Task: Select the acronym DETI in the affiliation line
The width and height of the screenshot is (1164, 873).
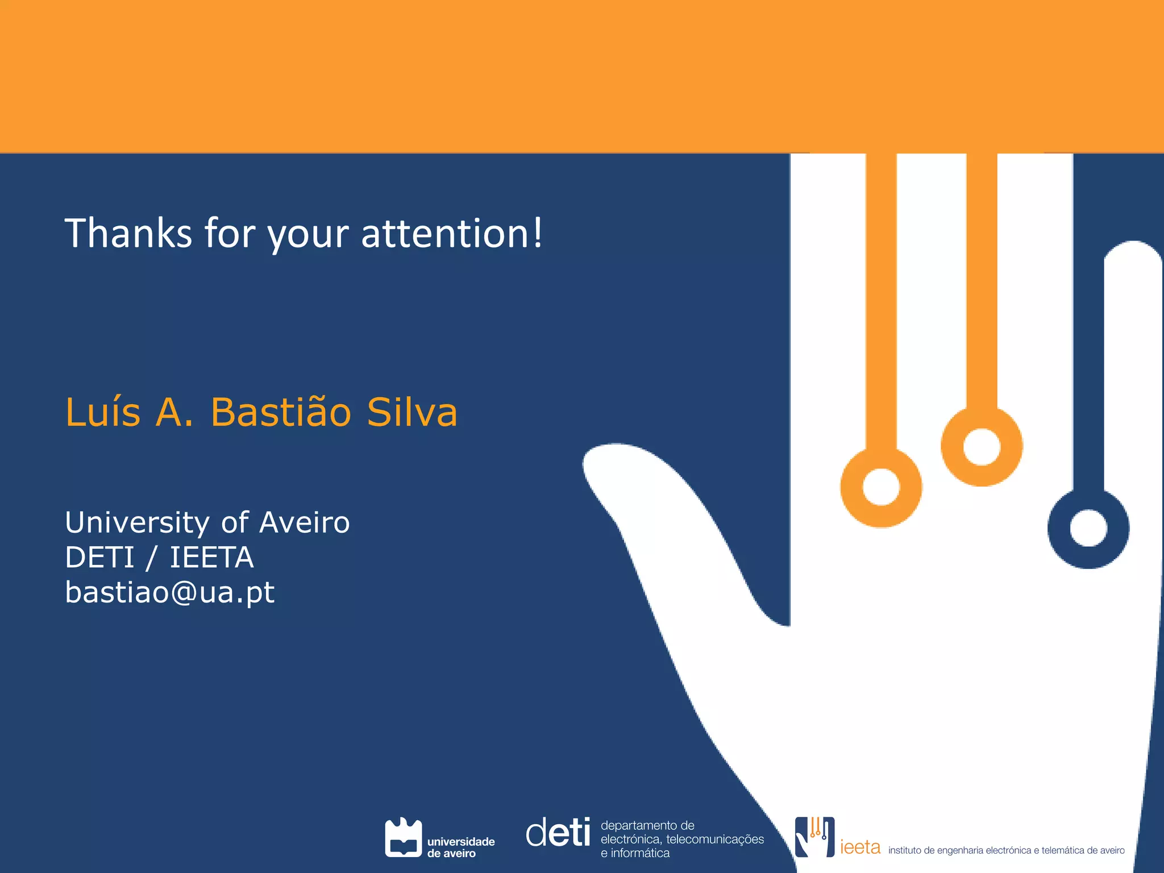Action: point(99,557)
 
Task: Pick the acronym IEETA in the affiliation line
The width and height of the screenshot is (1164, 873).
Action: point(211,557)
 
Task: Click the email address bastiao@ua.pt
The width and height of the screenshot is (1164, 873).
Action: point(170,592)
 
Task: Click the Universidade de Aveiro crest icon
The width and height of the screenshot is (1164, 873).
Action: point(403,837)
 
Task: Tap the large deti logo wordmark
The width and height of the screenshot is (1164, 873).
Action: point(558,833)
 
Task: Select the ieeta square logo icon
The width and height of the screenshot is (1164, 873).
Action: point(814,837)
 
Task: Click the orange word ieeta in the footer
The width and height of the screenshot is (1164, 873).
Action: point(860,847)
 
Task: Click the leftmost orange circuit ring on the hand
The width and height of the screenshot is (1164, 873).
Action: point(881,487)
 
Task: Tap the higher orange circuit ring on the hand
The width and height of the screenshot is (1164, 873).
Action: point(982,446)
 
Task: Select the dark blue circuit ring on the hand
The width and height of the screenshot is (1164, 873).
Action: point(1088,529)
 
